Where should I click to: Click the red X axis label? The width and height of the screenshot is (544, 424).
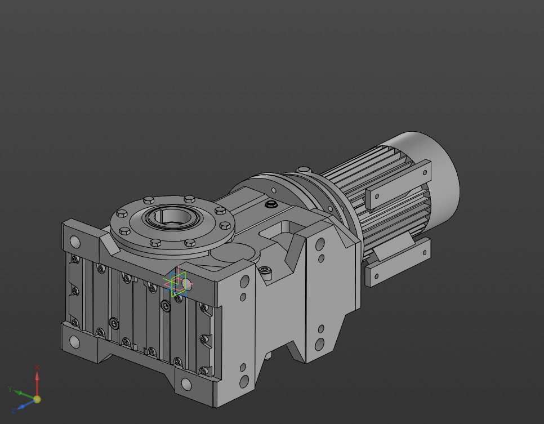[37, 367]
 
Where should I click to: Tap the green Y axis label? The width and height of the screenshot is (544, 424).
[10, 389]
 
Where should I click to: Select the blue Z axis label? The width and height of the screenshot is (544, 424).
[13, 410]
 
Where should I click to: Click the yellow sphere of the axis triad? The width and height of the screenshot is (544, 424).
[37, 399]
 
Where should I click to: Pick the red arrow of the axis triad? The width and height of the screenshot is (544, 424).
[37, 380]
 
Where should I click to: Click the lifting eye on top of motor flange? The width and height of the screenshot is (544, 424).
[304, 169]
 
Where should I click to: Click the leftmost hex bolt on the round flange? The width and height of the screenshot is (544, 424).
[122, 213]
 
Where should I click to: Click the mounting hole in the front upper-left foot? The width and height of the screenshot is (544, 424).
[75, 243]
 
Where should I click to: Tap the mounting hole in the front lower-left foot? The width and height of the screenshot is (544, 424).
[75, 341]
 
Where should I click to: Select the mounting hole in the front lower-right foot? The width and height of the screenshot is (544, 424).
[186, 385]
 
